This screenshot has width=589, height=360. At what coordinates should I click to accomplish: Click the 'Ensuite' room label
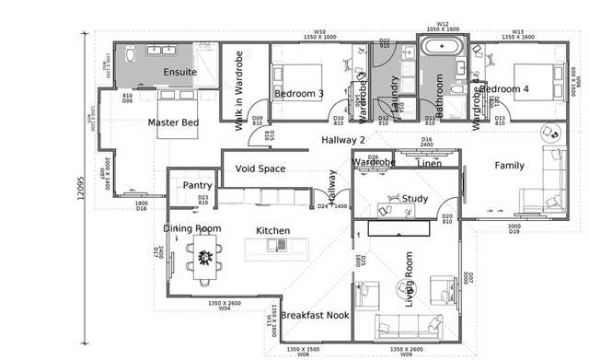point(179,71)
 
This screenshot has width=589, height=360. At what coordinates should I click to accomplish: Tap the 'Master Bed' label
point(172,122)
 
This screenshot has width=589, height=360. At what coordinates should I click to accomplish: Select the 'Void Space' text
point(260,168)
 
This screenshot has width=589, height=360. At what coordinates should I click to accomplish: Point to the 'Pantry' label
point(197,185)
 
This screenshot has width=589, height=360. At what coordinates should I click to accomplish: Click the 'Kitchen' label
point(272,230)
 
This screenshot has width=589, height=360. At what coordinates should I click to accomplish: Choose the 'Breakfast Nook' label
point(314,315)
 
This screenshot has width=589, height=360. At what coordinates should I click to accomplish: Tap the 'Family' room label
point(509,166)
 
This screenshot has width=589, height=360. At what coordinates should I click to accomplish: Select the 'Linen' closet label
point(428,164)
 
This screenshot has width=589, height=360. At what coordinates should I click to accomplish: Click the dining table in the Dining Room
point(204,249)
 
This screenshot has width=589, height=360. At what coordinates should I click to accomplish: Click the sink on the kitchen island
point(273,244)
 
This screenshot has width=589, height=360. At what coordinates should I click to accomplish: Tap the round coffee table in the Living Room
point(410,287)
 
